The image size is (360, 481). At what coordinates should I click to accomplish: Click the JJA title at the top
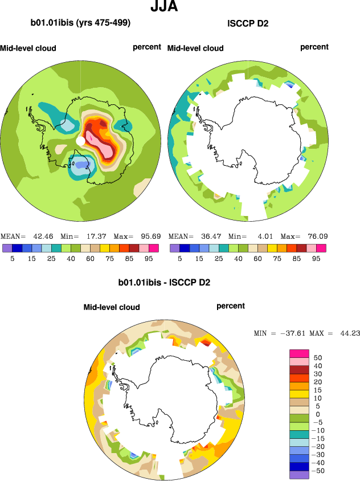pos(165,7)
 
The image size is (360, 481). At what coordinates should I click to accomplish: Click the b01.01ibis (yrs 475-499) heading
pos(80,23)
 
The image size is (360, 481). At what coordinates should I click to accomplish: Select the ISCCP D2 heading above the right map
pos(248,23)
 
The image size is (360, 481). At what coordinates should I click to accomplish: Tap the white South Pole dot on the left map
pos(81,140)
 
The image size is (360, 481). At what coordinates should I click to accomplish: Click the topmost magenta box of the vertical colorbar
pos(299,353)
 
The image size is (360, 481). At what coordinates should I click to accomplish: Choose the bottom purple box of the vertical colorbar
pos(299,475)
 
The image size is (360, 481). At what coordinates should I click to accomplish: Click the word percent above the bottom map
pos(231,306)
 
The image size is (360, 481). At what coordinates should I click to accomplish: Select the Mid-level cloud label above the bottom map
pos(112,307)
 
